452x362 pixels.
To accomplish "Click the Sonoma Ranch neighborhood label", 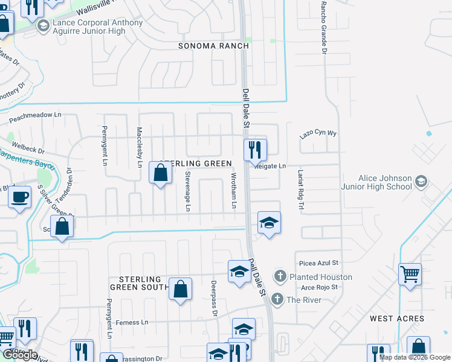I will tap(213, 46).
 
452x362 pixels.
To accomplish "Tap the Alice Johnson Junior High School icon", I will tap(421, 181).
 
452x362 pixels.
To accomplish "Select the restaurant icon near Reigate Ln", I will tap(255, 149).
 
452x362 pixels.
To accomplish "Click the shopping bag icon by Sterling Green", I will tap(160, 174).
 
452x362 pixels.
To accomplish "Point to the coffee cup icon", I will tap(19, 197).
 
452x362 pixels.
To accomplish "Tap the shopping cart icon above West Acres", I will tap(410, 275).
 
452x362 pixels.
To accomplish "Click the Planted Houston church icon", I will tap(280, 277).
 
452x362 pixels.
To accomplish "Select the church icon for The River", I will tap(277, 299).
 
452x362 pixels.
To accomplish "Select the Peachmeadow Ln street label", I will tap(36, 115).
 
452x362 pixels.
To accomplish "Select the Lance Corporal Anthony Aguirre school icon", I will tap(43, 25).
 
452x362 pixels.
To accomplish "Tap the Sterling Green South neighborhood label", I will tap(140, 283).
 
